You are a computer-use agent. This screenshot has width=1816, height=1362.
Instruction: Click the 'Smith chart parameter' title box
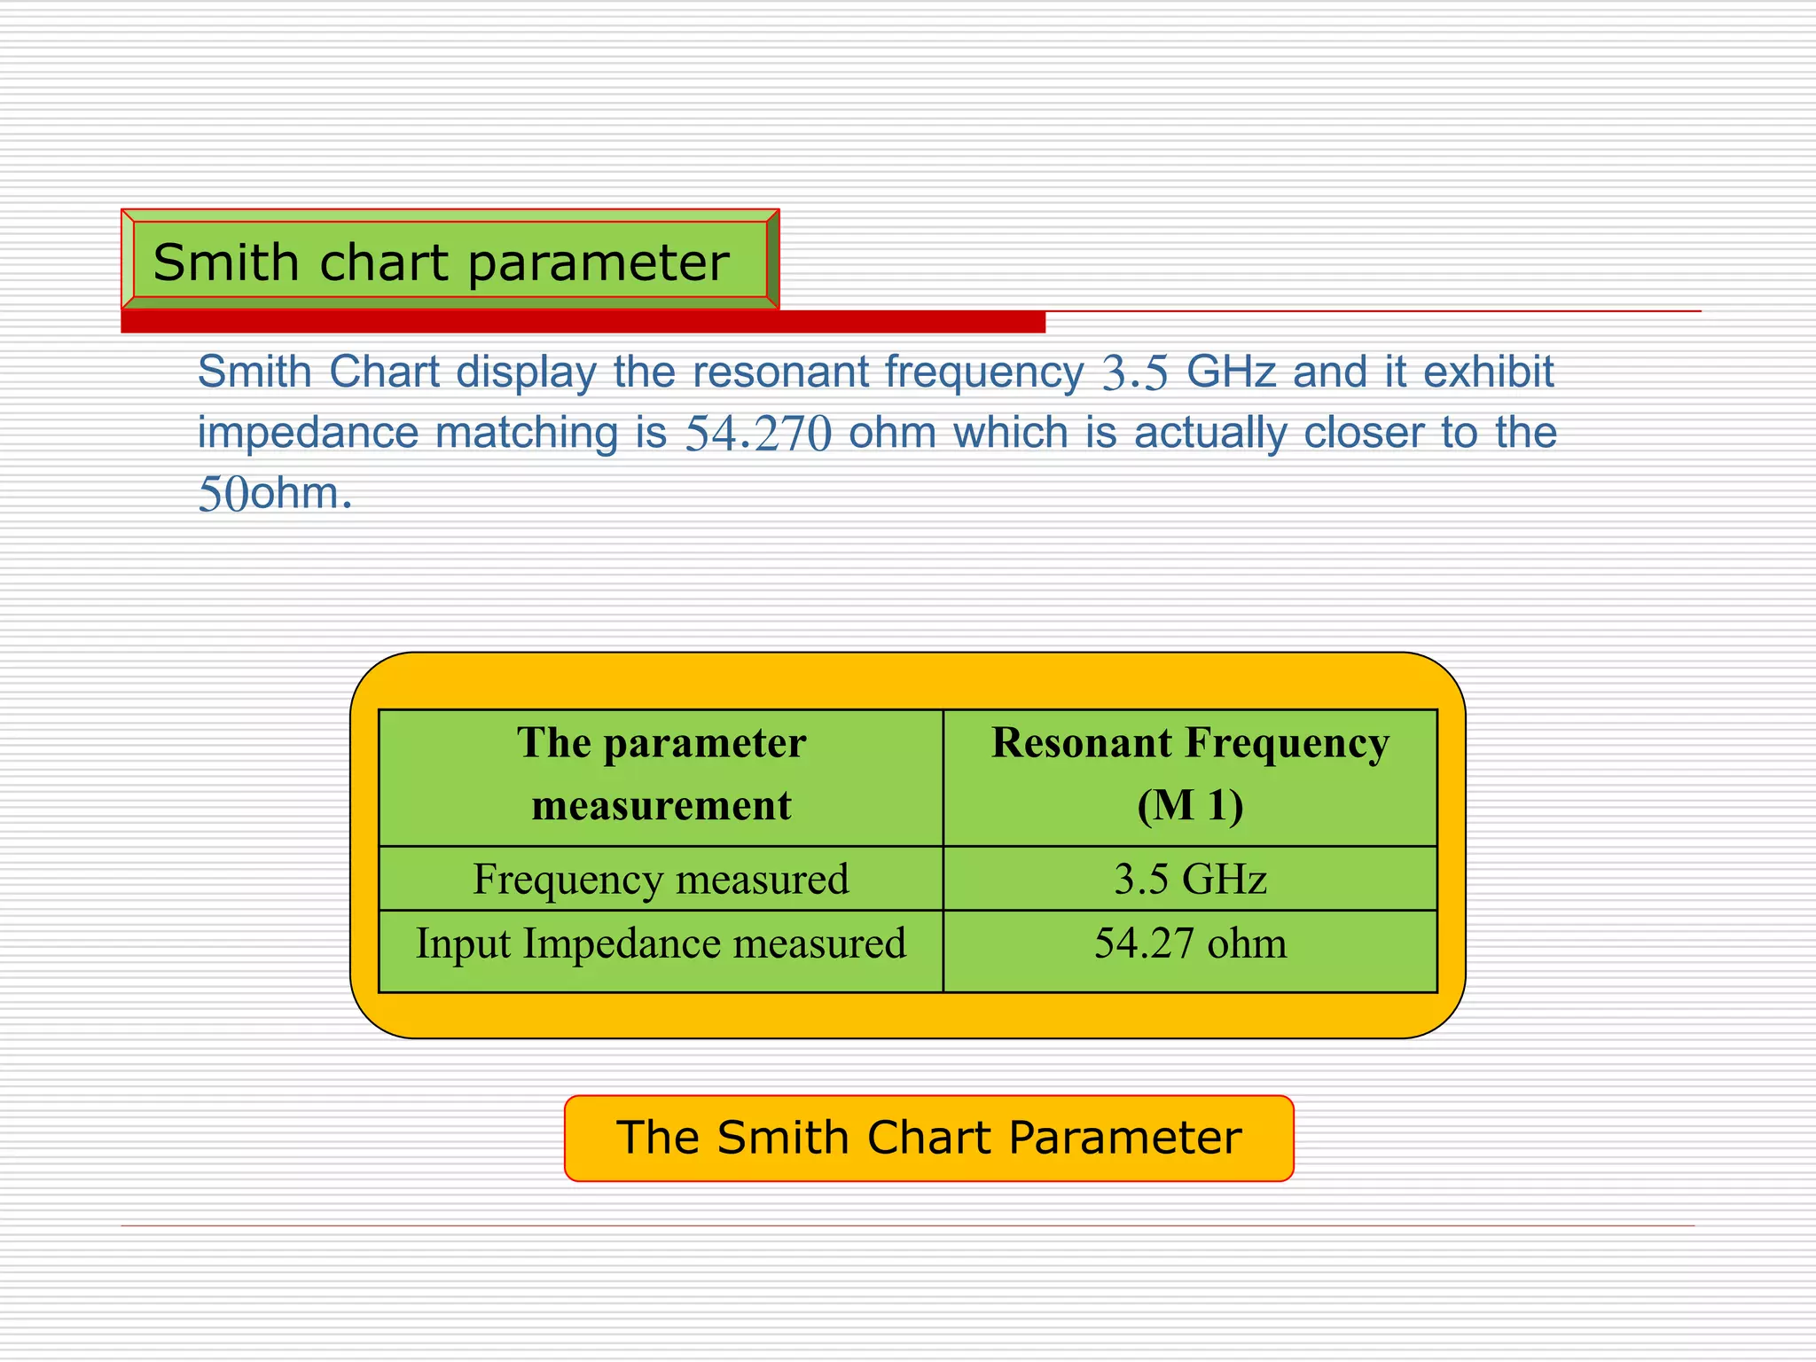450,262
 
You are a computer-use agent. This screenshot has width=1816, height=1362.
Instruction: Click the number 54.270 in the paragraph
758,434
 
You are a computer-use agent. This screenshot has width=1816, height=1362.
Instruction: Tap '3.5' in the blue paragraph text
1135,373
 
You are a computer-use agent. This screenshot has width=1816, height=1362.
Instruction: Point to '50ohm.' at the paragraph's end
275,494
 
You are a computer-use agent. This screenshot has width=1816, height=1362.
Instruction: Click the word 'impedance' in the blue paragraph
308,434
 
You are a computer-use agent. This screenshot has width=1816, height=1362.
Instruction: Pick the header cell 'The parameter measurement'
661,774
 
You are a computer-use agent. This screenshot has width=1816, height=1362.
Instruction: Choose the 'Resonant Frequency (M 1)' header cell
1190,774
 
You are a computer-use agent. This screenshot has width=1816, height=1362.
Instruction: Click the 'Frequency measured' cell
661,879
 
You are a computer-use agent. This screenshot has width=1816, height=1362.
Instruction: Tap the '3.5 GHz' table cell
1190,879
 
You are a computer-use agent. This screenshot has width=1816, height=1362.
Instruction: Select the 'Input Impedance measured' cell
661,944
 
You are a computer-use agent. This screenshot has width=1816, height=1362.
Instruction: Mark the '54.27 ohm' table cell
1190,944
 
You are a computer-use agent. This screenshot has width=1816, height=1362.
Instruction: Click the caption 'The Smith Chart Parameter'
928,1138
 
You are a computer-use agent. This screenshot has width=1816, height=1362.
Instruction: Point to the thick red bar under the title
583,322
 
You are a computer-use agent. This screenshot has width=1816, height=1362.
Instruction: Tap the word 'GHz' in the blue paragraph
1231,372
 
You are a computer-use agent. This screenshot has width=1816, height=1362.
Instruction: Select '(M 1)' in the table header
1190,806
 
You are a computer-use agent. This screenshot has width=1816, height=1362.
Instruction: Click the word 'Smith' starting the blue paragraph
254,372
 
